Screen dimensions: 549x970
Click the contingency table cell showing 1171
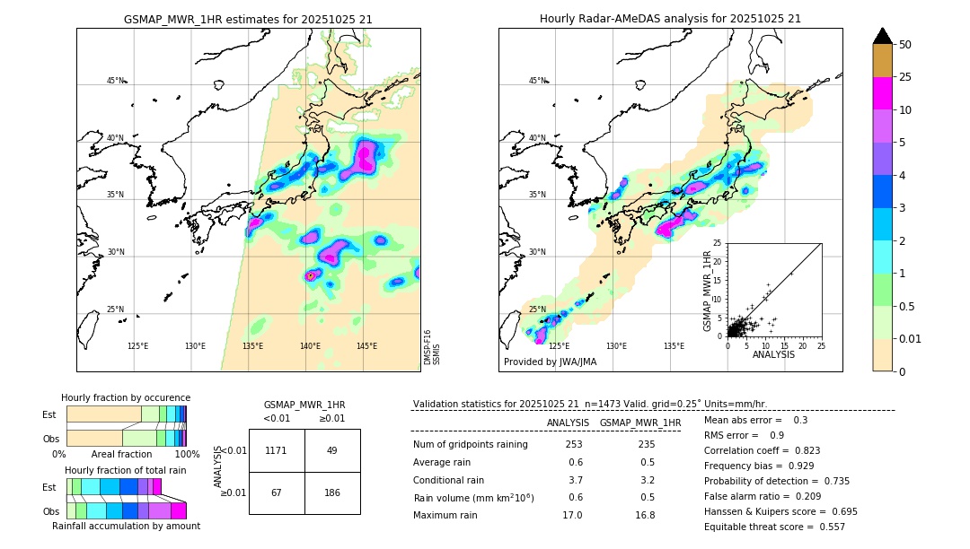click(277, 450)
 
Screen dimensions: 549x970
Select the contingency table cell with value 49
click(332, 450)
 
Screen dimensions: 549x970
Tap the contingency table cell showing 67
click(277, 492)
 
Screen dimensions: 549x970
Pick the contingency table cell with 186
click(332, 492)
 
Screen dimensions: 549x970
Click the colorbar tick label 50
click(905, 45)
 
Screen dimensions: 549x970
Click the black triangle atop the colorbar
click(883, 36)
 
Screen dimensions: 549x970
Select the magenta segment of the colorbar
click(883, 93)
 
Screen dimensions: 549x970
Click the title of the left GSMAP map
click(248, 19)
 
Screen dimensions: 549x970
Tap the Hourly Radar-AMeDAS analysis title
click(670, 19)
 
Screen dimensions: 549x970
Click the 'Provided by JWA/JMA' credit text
click(550, 362)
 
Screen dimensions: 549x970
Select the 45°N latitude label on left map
click(115, 81)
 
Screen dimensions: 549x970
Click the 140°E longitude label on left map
click(310, 346)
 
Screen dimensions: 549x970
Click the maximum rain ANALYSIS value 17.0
click(574, 515)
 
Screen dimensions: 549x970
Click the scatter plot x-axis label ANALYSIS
click(773, 354)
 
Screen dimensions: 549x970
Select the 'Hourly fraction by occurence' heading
click(126, 397)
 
